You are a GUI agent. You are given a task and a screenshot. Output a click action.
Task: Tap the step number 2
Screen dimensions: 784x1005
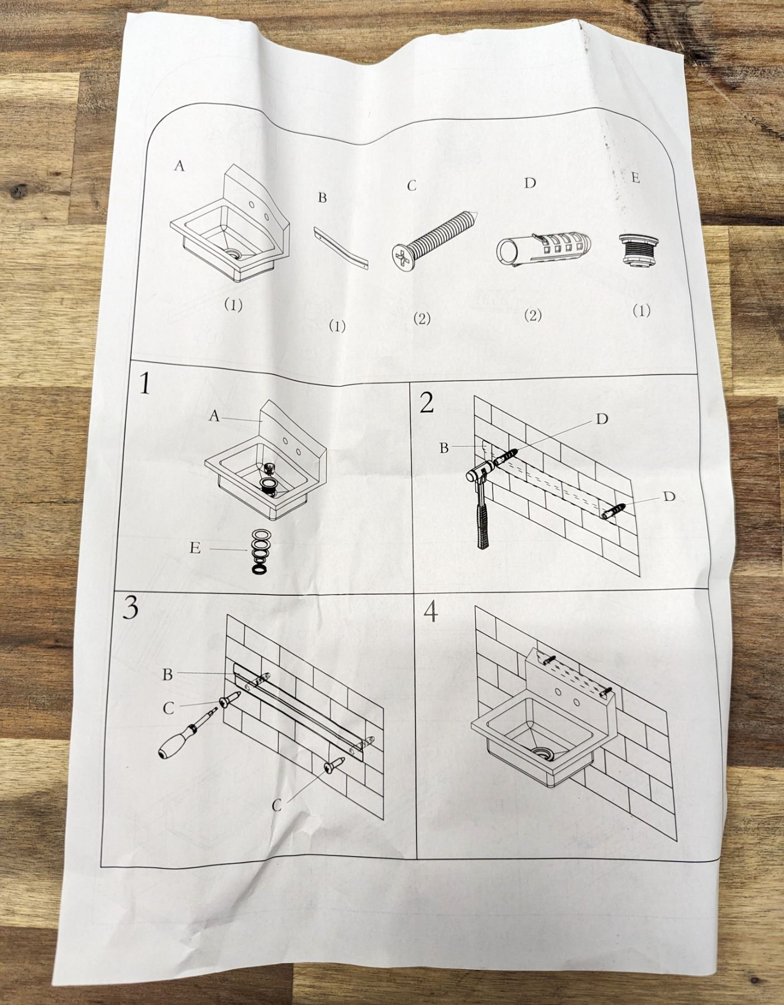(x=427, y=402)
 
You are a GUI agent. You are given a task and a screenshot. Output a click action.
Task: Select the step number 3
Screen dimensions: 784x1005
(x=130, y=608)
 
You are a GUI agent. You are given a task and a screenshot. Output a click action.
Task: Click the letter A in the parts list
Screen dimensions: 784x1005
(x=179, y=165)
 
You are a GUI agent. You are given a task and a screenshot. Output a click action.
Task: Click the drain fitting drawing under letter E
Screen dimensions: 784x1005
(x=634, y=252)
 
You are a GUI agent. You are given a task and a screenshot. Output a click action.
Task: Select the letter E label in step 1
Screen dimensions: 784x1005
(x=195, y=548)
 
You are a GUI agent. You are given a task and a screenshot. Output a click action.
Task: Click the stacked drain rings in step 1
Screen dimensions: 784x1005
(x=260, y=551)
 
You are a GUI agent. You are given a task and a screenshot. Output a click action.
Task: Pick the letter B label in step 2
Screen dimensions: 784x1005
(x=444, y=448)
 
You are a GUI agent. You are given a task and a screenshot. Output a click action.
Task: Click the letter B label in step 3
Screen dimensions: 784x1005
(x=168, y=674)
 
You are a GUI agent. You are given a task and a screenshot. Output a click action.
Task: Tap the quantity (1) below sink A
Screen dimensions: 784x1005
(x=233, y=305)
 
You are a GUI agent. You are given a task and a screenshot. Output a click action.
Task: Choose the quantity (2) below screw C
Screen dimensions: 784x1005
(x=422, y=319)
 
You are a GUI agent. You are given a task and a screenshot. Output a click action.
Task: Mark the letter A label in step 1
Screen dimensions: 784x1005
(x=214, y=416)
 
